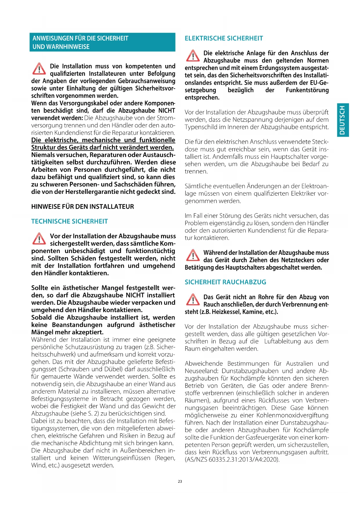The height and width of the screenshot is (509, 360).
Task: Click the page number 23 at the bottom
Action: [180, 481]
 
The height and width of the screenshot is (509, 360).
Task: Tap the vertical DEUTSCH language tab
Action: [343, 120]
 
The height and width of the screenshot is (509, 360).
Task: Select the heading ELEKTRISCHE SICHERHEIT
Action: [224, 38]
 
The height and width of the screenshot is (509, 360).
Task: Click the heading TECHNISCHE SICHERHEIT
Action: [69, 221]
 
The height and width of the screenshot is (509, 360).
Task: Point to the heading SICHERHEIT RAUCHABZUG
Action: [225, 282]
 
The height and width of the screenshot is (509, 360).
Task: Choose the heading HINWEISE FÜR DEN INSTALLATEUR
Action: [83, 207]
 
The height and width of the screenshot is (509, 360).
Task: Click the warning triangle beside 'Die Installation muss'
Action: [39, 69]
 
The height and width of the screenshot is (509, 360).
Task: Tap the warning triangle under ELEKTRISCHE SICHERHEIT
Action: [193, 56]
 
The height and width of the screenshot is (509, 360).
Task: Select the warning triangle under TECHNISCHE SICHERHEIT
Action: [39, 239]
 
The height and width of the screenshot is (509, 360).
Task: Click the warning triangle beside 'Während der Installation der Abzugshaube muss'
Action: [193, 255]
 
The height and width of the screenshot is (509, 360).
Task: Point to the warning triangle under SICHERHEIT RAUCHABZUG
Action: [193, 299]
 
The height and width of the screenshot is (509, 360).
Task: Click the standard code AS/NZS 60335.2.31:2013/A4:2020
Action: [232, 460]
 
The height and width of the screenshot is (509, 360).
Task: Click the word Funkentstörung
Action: [307, 90]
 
